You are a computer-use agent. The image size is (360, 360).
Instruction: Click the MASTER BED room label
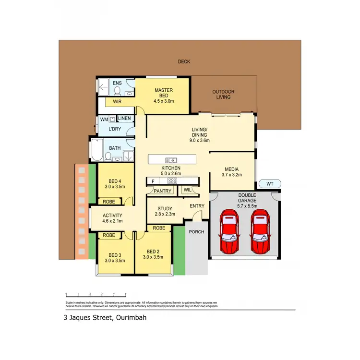(163, 96)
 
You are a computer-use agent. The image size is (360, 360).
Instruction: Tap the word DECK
(184, 61)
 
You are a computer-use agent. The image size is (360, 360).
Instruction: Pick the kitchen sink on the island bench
(171, 160)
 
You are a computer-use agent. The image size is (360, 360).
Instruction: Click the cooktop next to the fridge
(172, 181)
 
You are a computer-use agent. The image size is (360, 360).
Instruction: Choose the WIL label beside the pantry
(187, 191)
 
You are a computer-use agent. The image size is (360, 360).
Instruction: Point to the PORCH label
(196, 232)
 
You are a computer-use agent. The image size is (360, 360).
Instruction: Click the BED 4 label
(114, 183)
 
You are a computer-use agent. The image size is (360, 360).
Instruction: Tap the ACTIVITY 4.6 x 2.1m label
(113, 218)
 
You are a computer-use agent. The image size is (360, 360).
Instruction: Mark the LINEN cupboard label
(124, 119)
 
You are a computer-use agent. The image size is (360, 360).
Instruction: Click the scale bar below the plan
(96, 294)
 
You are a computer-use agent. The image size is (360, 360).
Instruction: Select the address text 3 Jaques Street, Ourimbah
(105, 317)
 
